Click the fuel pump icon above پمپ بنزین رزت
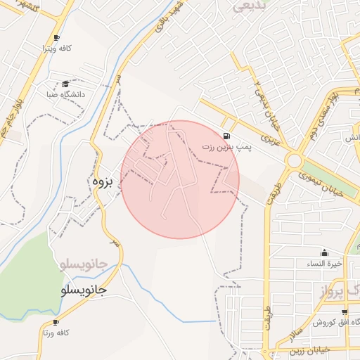[226, 136]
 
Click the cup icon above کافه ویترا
[56, 38]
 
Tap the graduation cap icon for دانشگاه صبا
[66, 84]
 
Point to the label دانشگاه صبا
[65, 94]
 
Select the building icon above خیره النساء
[324, 252]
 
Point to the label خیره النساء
[326, 264]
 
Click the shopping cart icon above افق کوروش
[343, 311]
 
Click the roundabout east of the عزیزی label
[294, 161]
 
